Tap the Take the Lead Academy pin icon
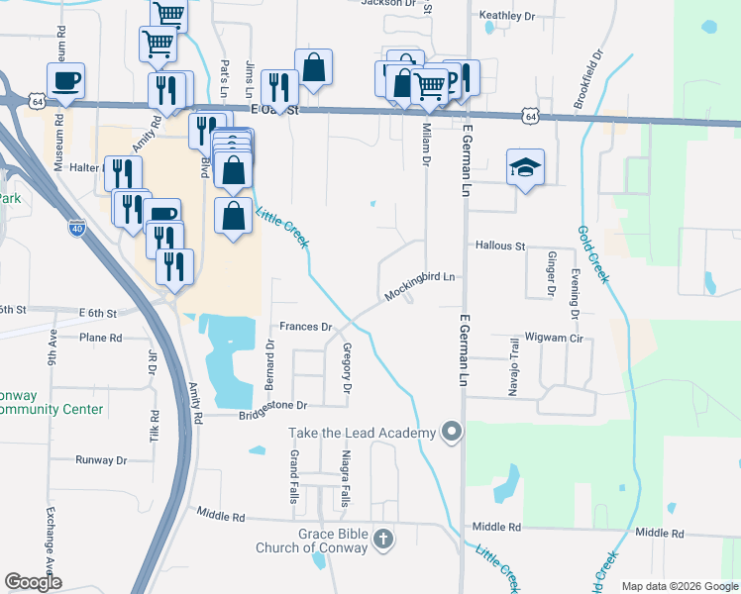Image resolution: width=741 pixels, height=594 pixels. pos(453,432)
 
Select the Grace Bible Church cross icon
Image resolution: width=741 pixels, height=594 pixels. pos(383,541)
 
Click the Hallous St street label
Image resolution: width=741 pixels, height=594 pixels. pos(499,246)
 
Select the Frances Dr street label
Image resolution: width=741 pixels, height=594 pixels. pos(303,326)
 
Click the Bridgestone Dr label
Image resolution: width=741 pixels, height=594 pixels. pos(273,405)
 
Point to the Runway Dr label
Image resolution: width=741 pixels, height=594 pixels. pos(102,460)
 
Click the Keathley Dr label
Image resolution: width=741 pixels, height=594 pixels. pos(506,16)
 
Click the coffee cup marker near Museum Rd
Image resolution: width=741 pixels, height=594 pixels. pos(66,81)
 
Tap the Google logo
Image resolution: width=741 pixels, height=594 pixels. pos(33,582)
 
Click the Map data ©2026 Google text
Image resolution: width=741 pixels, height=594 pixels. pos(679,586)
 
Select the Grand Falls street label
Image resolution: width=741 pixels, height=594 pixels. pos(294,476)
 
